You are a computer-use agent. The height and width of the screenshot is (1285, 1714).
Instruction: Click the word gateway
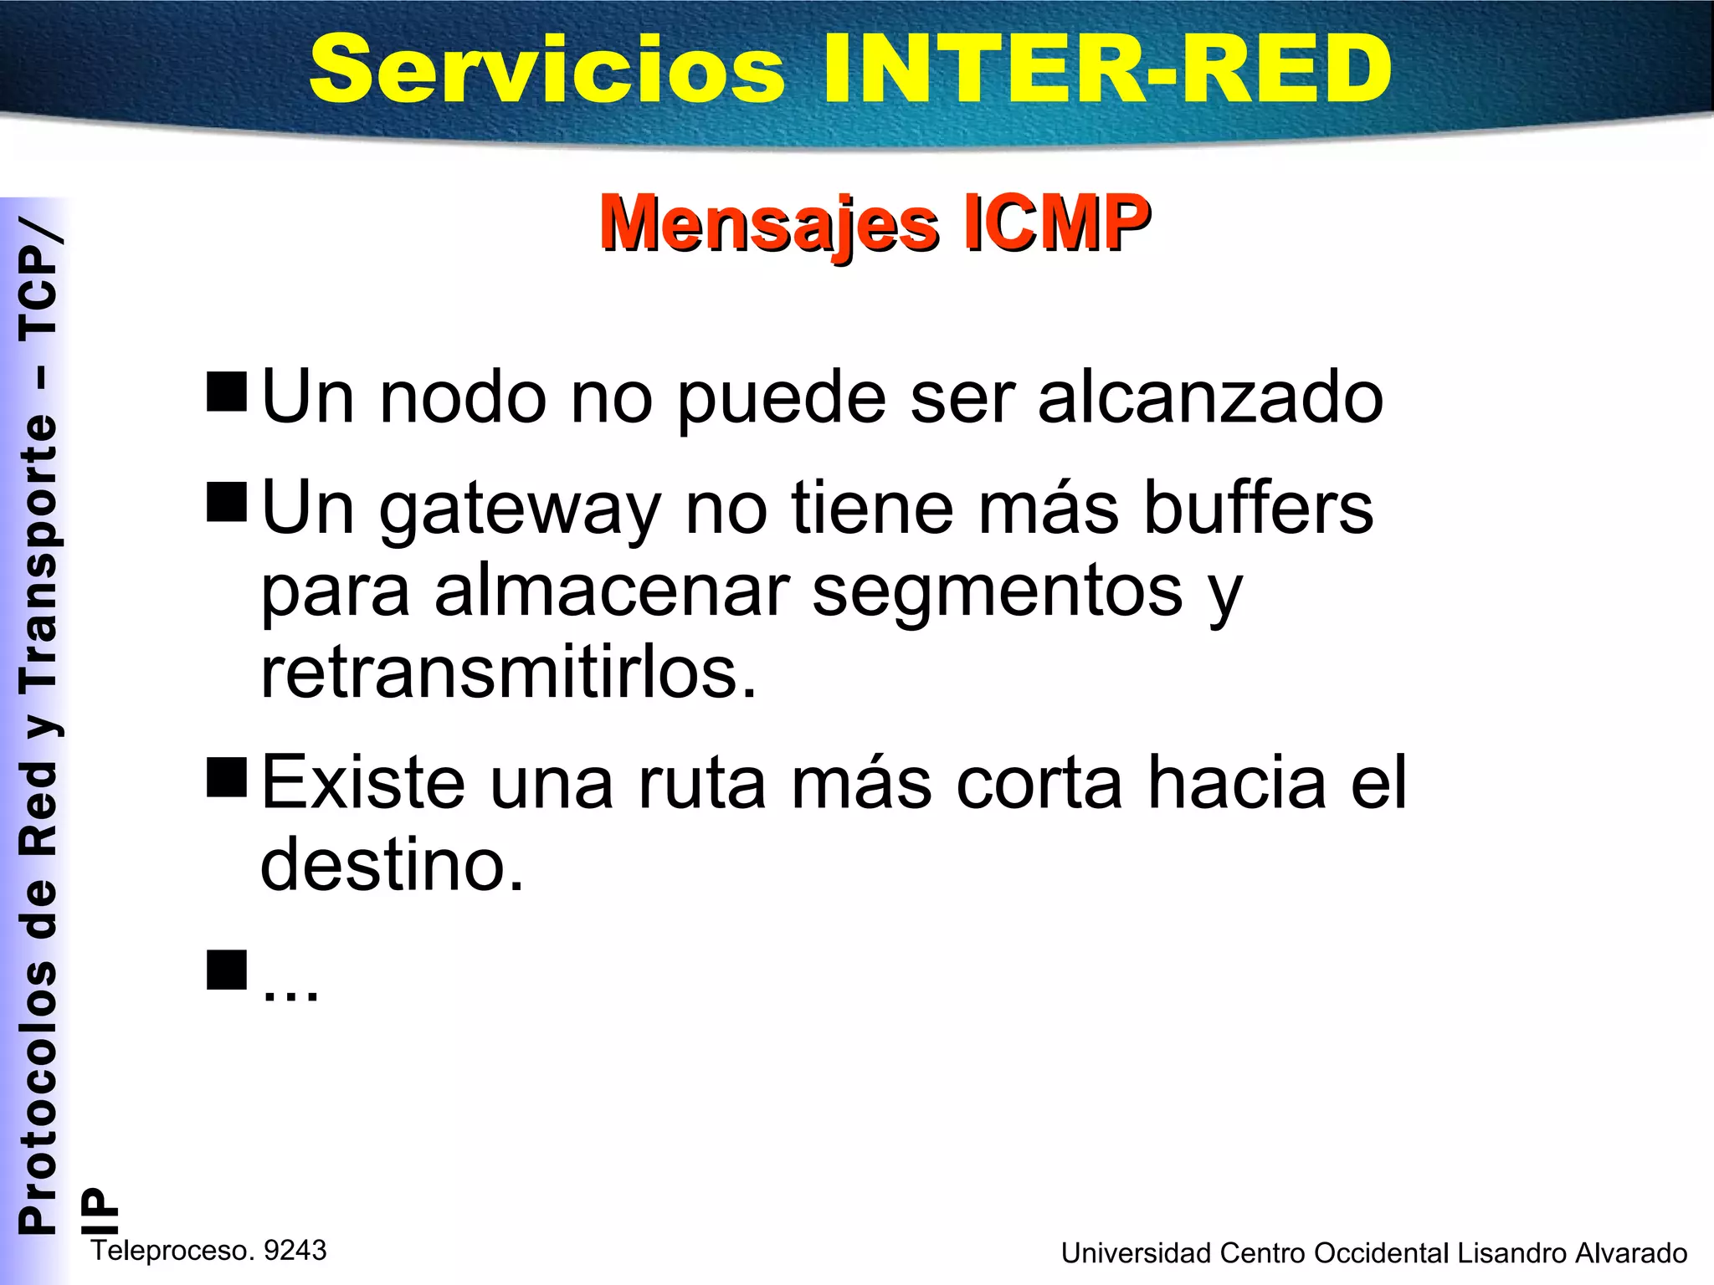pyautogui.click(x=520, y=510)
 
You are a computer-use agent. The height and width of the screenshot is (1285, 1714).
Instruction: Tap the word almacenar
pyautogui.click(x=611, y=591)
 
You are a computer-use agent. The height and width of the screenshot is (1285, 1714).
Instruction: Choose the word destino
pyautogui.click(x=392, y=864)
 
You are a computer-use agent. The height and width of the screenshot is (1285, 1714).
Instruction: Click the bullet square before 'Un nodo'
pyautogui.click(x=227, y=392)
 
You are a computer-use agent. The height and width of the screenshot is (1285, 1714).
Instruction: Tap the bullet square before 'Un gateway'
pyautogui.click(x=227, y=502)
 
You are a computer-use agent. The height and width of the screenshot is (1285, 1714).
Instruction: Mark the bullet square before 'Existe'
pyautogui.click(x=227, y=776)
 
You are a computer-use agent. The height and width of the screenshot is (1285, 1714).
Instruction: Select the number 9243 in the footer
pyautogui.click(x=295, y=1250)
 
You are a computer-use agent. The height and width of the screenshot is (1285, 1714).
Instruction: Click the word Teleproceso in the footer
pyautogui.click(x=172, y=1250)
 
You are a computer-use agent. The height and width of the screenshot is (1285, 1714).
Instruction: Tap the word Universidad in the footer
pyautogui.click(x=1136, y=1253)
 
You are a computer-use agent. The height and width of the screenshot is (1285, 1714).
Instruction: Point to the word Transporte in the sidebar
pyautogui.click(x=38, y=552)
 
